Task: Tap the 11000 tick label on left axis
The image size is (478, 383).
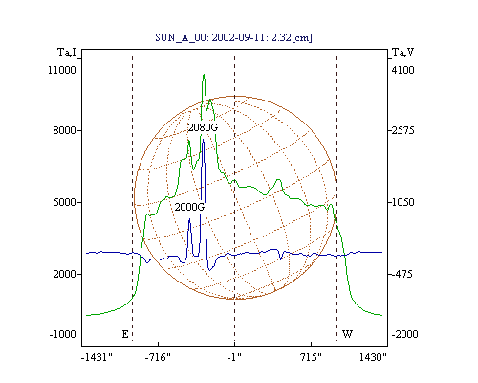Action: coord(62,70)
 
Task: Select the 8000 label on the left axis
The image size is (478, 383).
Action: coord(64,130)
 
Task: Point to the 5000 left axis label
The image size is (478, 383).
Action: coord(64,202)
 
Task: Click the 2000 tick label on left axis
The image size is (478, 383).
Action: coord(64,274)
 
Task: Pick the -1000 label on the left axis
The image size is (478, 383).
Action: coord(63,334)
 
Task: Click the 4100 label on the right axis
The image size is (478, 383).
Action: coord(403,70)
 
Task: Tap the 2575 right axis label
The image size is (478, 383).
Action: coord(403,130)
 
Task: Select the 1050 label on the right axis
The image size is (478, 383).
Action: coord(403,202)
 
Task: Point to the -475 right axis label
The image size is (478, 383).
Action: coord(402,274)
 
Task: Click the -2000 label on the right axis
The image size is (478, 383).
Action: coord(404,334)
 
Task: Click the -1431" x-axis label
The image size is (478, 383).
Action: coord(97,357)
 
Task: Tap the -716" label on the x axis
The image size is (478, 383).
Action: coord(158,357)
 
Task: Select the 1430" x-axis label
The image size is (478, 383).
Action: coord(373,357)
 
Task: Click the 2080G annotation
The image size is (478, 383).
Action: coord(203,127)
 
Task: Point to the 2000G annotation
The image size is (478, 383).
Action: coord(189,207)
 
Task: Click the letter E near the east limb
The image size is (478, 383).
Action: coord(125,334)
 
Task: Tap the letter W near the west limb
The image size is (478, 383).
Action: coord(347,334)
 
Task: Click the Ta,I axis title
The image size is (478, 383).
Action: coord(67,52)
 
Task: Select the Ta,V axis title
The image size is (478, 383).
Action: coord(402,52)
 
